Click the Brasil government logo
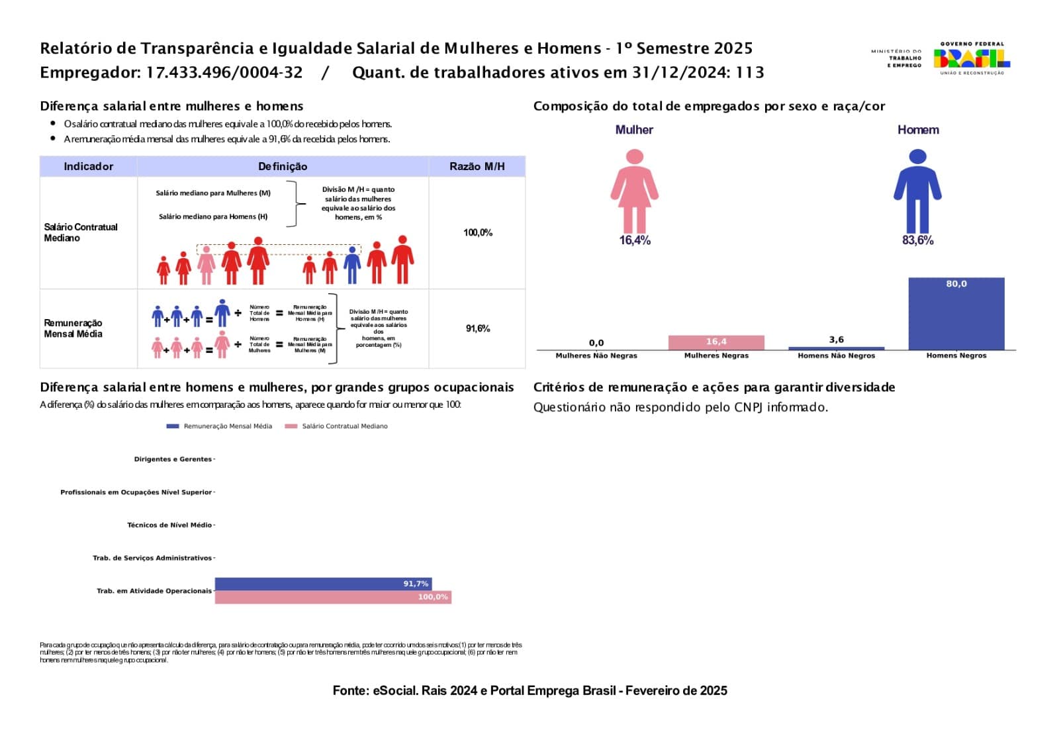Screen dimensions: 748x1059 pyautogui.click(x=971, y=58)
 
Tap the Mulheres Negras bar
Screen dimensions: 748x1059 pyautogui.click(x=716, y=342)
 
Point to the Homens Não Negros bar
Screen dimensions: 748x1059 pyautogui.click(x=836, y=348)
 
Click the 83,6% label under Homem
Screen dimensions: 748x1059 pyautogui.click(x=917, y=240)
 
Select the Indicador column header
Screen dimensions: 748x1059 pyautogui.click(x=88, y=167)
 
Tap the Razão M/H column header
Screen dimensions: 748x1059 pyautogui.click(x=477, y=167)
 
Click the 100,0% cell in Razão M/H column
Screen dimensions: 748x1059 pyautogui.click(x=477, y=232)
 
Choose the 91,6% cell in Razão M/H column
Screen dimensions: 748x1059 pyautogui.click(x=477, y=328)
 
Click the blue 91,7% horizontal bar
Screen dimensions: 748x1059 pyautogui.click(x=323, y=584)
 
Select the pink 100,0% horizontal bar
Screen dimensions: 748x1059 pyautogui.click(x=333, y=597)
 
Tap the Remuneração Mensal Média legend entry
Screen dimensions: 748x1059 pyautogui.click(x=220, y=426)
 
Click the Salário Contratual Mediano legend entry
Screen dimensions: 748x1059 pyautogui.click(x=337, y=426)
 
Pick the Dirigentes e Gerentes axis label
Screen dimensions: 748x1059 pyautogui.click(x=173, y=459)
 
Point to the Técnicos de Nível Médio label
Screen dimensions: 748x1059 pyautogui.click(x=169, y=525)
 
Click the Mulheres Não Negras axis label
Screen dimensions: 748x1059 pyautogui.click(x=596, y=355)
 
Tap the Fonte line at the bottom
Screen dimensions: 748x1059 pyautogui.click(x=529, y=690)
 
